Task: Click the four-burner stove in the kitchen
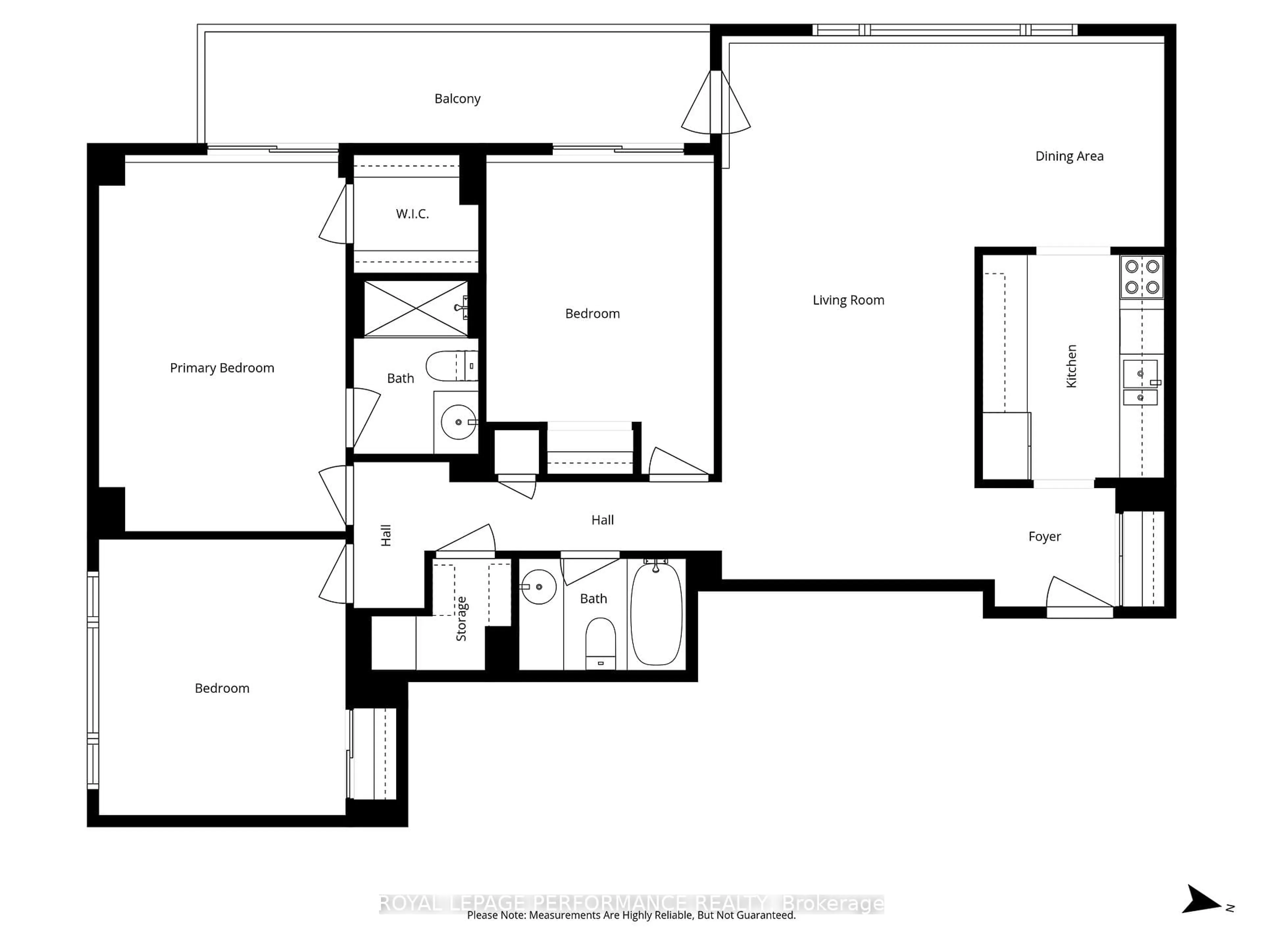1141,277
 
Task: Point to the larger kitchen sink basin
1140,374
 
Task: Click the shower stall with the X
416,309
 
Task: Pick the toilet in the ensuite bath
451,366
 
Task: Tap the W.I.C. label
412,214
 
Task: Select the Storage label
461,619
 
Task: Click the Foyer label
1044,537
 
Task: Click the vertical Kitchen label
1071,366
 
